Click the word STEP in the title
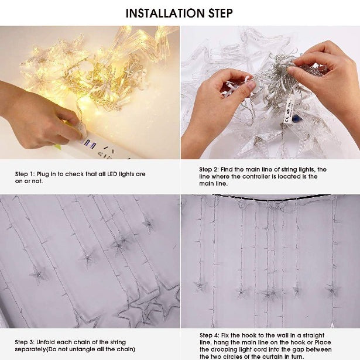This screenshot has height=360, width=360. coord(217,13)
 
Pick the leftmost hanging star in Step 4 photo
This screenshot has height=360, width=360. coord(200,286)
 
